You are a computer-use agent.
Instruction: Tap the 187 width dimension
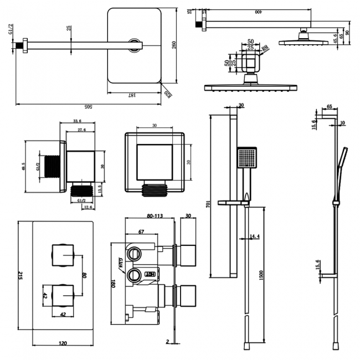click(132, 95)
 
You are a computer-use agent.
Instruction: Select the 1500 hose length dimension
click(260, 275)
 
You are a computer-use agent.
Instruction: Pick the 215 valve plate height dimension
click(20, 276)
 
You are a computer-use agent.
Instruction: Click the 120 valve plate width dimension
click(63, 343)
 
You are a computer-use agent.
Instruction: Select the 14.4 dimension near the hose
click(254, 236)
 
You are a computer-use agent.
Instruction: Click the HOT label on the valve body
click(150, 274)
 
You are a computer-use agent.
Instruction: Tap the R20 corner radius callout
click(166, 96)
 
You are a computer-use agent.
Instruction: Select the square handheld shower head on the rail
click(247, 158)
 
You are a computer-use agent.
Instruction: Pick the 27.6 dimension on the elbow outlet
click(81, 130)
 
